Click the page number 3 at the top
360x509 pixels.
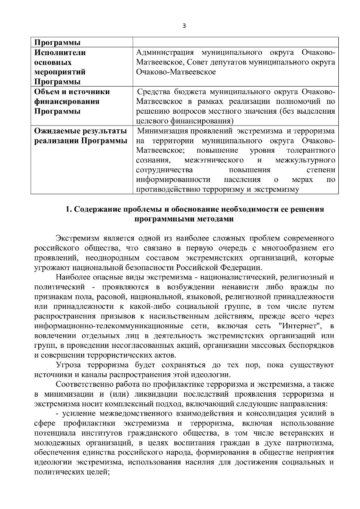click(184, 25)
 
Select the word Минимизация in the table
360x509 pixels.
click(165, 131)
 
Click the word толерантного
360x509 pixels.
click(311, 150)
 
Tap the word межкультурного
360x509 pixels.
click(305, 160)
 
